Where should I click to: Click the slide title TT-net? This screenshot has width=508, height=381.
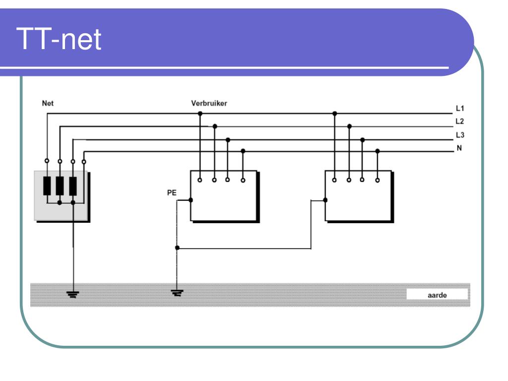tap(59, 39)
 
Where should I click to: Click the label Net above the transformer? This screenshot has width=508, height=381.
tap(48, 103)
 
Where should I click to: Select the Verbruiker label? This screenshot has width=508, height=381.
tap(209, 103)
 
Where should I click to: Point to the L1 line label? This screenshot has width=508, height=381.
tap(460, 108)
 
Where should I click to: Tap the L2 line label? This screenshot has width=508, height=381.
tap(460, 122)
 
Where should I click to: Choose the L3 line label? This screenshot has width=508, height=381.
tap(460, 135)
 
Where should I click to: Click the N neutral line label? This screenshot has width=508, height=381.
tap(459, 148)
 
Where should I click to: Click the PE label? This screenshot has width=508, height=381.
tap(172, 193)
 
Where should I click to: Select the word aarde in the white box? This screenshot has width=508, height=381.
tap(437, 295)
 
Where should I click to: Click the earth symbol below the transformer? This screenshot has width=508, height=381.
tap(73, 294)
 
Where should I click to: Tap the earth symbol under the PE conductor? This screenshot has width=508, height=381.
tap(177, 293)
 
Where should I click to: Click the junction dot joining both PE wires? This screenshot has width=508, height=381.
tap(177, 248)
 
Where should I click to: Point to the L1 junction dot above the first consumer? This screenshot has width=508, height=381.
tap(200, 114)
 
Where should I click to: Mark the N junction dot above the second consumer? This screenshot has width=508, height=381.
tap(378, 151)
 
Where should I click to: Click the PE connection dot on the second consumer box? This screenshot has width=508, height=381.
tap(325, 200)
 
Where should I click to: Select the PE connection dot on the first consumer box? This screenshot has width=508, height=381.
tap(191, 200)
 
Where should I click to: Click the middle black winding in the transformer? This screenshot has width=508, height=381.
tap(60, 186)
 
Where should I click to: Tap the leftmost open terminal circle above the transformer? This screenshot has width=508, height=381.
tap(47, 161)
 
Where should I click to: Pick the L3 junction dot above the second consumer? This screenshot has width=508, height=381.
tap(363, 140)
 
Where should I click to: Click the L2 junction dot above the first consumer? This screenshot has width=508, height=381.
tap(215, 127)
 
